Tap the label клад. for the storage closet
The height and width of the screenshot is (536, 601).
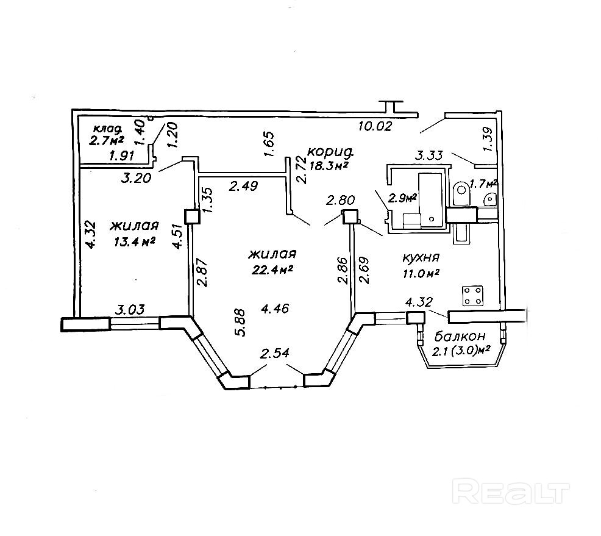[x=108, y=129]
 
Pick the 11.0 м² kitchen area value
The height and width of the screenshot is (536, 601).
[x=421, y=273]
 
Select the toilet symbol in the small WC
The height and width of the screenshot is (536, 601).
[x=461, y=188]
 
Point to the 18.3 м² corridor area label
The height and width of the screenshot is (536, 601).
[x=327, y=165]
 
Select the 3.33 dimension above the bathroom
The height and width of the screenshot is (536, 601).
[x=430, y=155]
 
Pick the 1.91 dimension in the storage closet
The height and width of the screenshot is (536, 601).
[x=123, y=157]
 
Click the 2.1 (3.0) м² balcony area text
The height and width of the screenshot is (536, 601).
[x=461, y=351]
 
